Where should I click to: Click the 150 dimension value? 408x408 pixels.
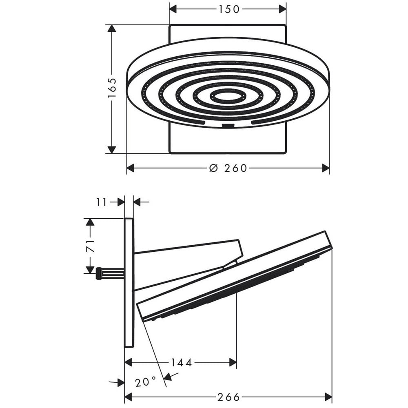[x=229, y=9]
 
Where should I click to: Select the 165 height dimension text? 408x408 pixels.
[x=112, y=88]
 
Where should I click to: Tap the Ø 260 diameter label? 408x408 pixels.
[x=228, y=168]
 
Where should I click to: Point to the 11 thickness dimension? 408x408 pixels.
[x=102, y=202]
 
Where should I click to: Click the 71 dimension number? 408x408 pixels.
[x=90, y=246]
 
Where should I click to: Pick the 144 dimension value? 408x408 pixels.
[x=182, y=362]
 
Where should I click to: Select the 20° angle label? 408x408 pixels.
[x=146, y=382]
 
